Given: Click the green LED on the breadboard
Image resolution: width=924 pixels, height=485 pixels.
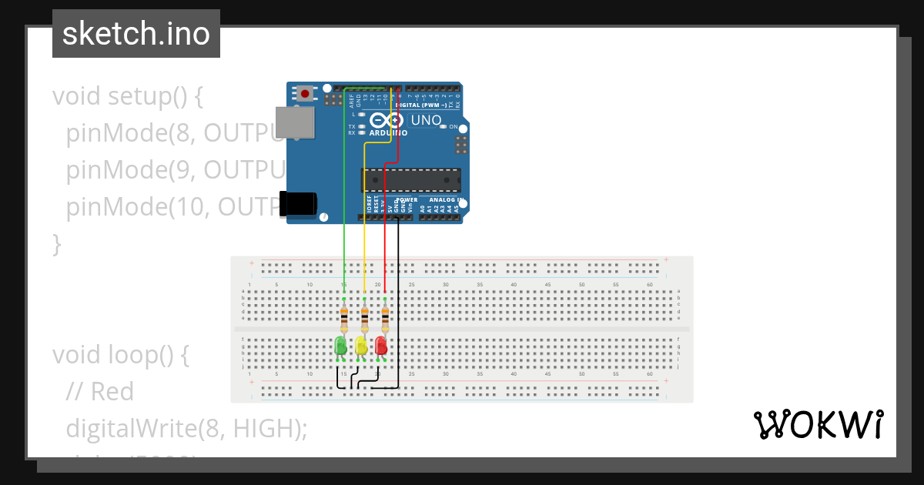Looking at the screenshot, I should (340, 346).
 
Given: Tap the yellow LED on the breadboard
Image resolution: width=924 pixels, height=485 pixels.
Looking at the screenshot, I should (361, 346).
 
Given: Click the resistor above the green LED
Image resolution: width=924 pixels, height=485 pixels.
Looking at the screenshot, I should (343, 316).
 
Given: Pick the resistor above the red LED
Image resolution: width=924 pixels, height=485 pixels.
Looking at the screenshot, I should (385, 316).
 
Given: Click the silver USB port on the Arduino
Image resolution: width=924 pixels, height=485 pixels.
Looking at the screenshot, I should (296, 122).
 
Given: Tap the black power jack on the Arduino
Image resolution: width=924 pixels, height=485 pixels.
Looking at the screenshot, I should (299, 203).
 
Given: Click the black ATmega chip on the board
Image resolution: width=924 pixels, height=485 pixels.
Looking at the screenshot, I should (410, 180).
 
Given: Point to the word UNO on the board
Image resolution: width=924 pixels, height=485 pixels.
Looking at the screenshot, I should (426, 120).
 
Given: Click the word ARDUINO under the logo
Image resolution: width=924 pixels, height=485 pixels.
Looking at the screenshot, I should (388, 133).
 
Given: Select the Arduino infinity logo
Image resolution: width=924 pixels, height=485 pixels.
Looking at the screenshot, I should (387, 121).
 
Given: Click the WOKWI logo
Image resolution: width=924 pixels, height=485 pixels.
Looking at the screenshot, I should (818, 425).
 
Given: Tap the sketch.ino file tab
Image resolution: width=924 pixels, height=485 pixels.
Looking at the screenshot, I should (136, 34).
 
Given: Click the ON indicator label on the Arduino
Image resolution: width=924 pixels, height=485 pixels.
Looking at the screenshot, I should (453, 126).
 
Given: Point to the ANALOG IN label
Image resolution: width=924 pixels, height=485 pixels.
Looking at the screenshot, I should (441, 200).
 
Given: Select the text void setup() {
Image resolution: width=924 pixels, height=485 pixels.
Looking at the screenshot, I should (127, 97).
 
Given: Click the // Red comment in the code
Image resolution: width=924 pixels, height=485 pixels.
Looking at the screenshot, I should (100, 392).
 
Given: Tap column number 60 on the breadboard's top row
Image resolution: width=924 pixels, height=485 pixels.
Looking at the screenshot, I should (650, 285).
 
